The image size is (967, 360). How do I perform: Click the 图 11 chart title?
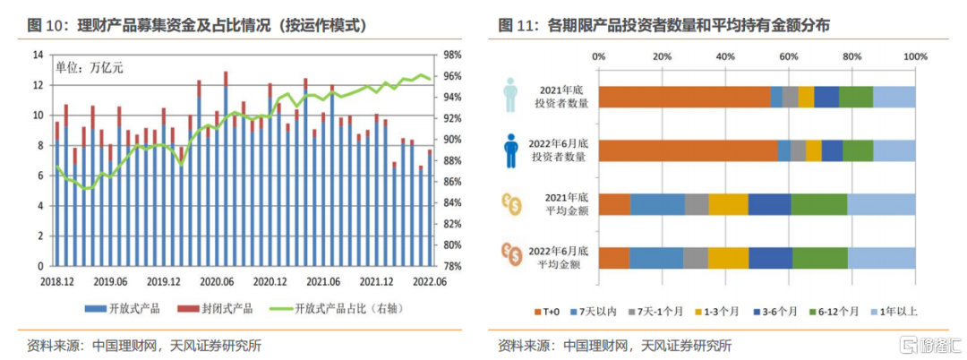tap(663, 26)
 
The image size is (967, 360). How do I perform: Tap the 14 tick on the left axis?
tap(37, 55)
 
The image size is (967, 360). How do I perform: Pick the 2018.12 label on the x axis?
tap(56, 280)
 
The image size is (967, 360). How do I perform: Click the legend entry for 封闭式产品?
tap(218, 309)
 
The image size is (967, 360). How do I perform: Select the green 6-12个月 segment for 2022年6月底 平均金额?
tap(819, 258)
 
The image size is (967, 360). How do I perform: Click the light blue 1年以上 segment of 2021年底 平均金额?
tap(881, 204)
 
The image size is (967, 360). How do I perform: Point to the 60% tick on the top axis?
tap(788, 56)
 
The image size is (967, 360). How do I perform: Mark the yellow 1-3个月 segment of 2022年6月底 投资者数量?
tap(813, 150)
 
